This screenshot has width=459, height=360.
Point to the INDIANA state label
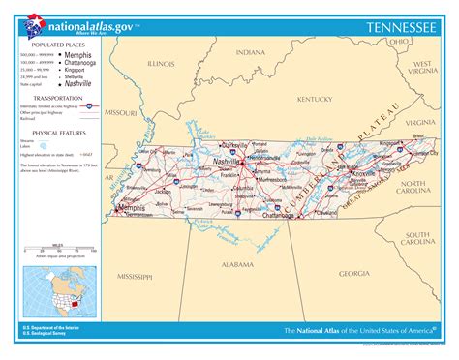(x=250, y=52)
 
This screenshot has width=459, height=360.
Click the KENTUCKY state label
(x=315, y=99)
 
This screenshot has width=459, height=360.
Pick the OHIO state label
(x=398, y=42)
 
